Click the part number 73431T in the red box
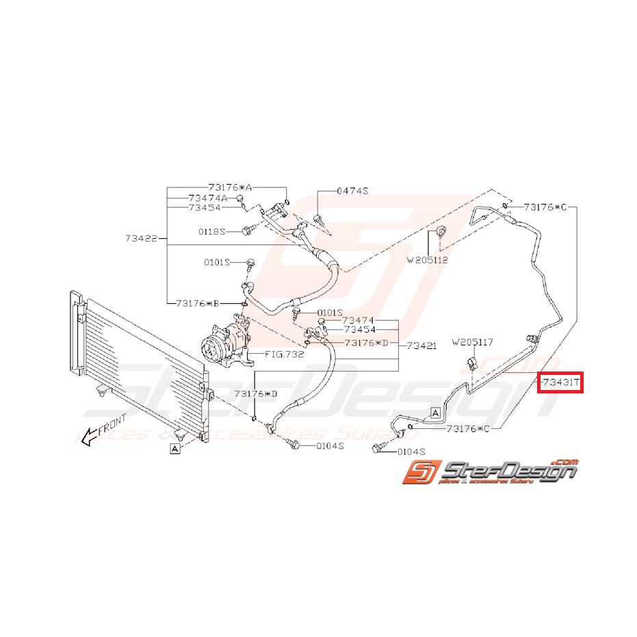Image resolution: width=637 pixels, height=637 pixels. click(x=560, y=383)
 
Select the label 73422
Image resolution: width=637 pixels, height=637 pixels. click(x=142, y=239)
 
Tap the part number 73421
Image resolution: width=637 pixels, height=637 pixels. click(x=421, y=346)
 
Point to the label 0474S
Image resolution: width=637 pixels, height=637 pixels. click(x=352, y=192)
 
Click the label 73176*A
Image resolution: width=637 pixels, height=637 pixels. click(x=231, y=187)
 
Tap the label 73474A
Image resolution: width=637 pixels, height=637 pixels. click(x=208, y=198)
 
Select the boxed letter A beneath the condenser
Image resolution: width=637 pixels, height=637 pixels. click(x=175, y=449)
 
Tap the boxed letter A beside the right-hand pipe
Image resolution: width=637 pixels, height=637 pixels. click(x=434, y=412)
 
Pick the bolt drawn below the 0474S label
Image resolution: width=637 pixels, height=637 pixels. click(x=319, y=219)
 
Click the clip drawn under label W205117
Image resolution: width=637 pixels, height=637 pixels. click(x=472, y=363)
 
